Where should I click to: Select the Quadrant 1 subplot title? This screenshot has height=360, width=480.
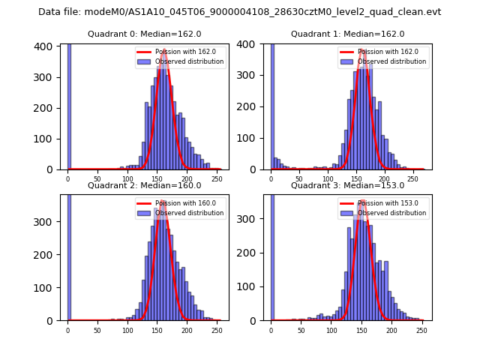click(x=347, y=34)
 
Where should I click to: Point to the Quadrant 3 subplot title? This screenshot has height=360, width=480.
click(x=347, y=185)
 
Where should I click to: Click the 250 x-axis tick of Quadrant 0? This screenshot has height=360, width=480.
click(x=187, y=178)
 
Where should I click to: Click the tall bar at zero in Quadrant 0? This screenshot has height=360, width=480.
click(x=68, y=105)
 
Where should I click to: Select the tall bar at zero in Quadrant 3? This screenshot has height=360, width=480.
click(x=271, y=255)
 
